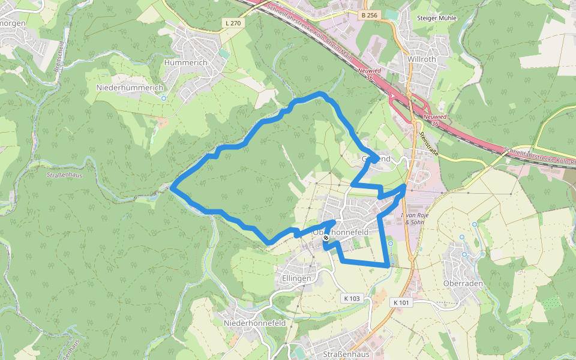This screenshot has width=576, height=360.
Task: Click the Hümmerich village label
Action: tap(185, 62)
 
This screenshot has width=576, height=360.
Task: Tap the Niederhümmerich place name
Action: tap(130, 88)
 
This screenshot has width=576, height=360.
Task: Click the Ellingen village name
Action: tap(296, 278)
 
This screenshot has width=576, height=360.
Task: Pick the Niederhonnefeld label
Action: tap(254, 323)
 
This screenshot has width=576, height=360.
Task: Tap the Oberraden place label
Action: tap(463, 283)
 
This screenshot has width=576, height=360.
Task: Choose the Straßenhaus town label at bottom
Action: tap(344, 354)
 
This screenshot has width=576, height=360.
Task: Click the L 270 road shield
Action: tap(233, 23)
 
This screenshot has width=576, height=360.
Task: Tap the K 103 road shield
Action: tap(352, 298)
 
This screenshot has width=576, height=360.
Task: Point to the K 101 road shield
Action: tap(401, 302)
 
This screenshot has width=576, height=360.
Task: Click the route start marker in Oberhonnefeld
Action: tap(326, 238)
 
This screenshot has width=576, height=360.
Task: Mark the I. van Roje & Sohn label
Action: tap(415, 218)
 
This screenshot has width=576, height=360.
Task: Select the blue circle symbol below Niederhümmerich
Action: tap(164, 98)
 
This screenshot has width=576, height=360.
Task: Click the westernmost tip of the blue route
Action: tap(172, 188)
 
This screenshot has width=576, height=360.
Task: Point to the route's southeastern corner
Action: tap(387, 264)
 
